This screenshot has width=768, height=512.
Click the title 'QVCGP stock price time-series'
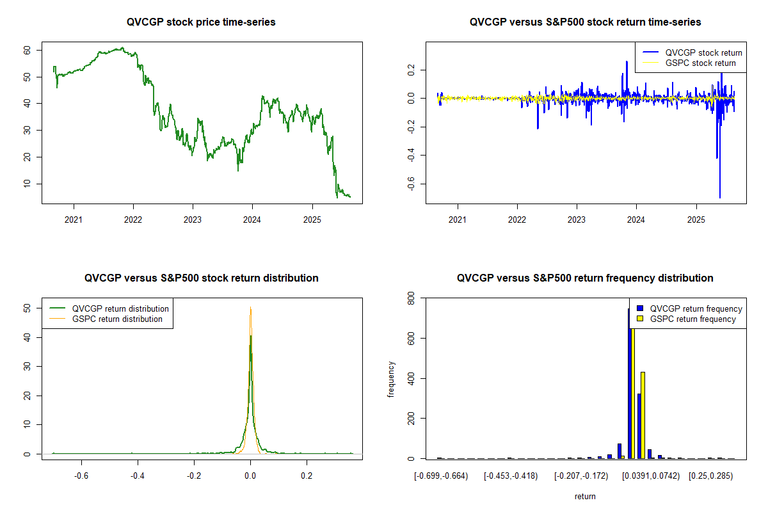(202, 22)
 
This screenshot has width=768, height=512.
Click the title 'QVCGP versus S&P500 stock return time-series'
(585, 22)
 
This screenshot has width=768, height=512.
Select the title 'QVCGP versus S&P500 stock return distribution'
(202, 278)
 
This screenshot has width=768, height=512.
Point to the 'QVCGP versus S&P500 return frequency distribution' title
(585, 278)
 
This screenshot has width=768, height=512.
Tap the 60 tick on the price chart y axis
(28, 50)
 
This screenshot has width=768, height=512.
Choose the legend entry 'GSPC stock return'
(700, 63)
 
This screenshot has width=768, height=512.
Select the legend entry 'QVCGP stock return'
(703, 53)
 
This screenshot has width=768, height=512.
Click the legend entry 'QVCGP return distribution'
(120, 309)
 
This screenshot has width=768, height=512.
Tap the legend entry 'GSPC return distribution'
(117, 319)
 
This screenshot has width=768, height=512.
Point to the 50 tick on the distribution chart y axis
(28, 308)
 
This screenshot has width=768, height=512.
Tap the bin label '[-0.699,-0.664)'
(441, 476)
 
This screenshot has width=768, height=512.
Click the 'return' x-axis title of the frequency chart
(585, 496)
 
